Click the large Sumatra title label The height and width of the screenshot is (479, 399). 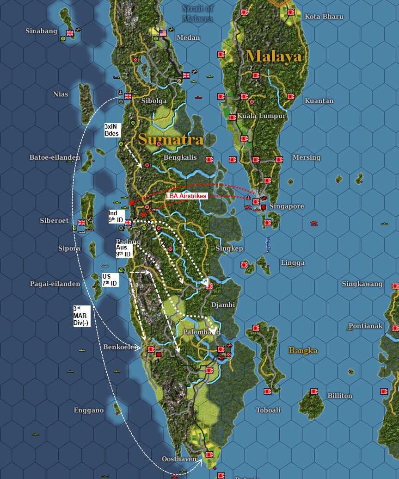pos(170,139)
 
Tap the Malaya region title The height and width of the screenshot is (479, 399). pos(274,56)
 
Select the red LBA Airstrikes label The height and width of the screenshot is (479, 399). pos(186,196)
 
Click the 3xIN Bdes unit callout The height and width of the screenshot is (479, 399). pos(112,130)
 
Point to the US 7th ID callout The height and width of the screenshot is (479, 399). pos(110,280)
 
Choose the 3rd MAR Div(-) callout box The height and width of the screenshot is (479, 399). pos(81,316)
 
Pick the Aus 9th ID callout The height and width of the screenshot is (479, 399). pos(124,251)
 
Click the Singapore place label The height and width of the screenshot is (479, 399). pos(287,206)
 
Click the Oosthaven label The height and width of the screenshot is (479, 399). pos(179,459)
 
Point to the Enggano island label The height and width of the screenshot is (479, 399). pos(88,410)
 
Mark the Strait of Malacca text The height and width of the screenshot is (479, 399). pos(197,13)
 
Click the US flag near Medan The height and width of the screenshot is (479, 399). pos(163,33)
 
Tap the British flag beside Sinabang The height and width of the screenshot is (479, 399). pos(70,33)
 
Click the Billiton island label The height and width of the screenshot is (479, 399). pos(339,396)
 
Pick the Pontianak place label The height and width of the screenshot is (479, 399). pos(365,326)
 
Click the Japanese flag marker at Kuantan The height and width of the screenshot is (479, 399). pos(291,97)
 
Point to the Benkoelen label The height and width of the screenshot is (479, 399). pos(120,347)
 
